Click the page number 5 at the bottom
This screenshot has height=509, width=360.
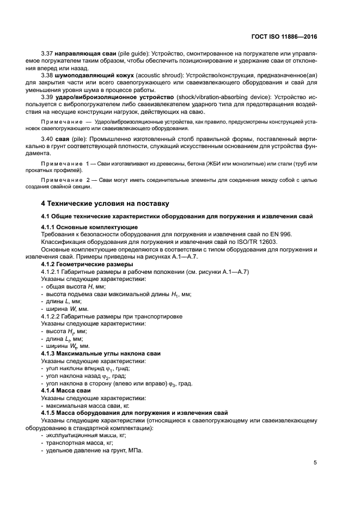(x=315, y=463)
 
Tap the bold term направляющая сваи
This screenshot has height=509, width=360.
(x=83, y=55)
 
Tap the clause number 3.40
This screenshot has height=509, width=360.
(x=48, y=140)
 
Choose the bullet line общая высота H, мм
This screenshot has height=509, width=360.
(x=75, y=286)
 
